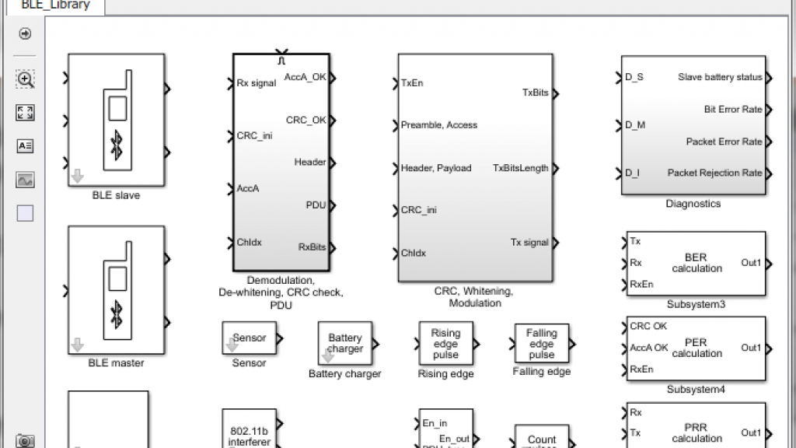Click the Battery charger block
point(345,343)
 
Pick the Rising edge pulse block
point(445,344)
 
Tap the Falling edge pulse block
point(542,344)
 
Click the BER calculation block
point(696,263)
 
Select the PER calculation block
point(696,348)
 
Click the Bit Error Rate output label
point(733,110)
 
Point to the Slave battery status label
point(720,77)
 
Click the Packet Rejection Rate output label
point(714,173)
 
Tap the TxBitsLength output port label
point(521,168)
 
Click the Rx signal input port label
point(257,83)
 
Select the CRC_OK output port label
point(306,121)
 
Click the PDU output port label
point(316,205)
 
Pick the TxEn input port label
point(412,82)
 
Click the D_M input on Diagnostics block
point(635,124)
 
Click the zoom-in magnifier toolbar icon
point(25,79)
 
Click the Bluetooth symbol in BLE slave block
point(117,144)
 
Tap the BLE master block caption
point(116,362)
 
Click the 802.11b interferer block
point(250,432)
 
